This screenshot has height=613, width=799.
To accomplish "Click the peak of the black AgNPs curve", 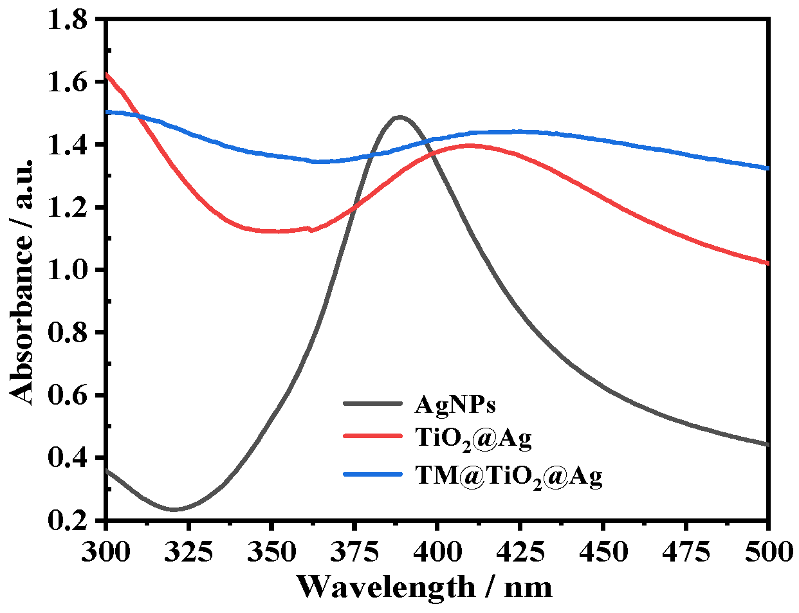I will click(399, 117).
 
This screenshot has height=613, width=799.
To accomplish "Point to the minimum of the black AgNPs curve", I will click(173, 509).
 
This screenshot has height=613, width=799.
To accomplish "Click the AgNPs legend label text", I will click(455, 405).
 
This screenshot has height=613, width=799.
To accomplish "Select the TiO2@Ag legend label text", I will click(473, 439).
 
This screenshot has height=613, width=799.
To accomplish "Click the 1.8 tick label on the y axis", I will click(69, 20).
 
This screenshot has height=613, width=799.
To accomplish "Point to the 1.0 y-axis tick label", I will click(69, 270).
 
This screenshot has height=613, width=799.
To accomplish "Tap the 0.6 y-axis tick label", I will click(69, 395).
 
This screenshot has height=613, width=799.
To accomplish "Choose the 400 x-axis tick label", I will click(437, 551).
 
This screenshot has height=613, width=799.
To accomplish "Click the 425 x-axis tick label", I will click(519, 551).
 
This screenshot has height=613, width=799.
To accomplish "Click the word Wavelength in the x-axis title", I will click(386, 587).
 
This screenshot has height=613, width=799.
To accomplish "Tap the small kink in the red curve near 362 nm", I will click(310, 229).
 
